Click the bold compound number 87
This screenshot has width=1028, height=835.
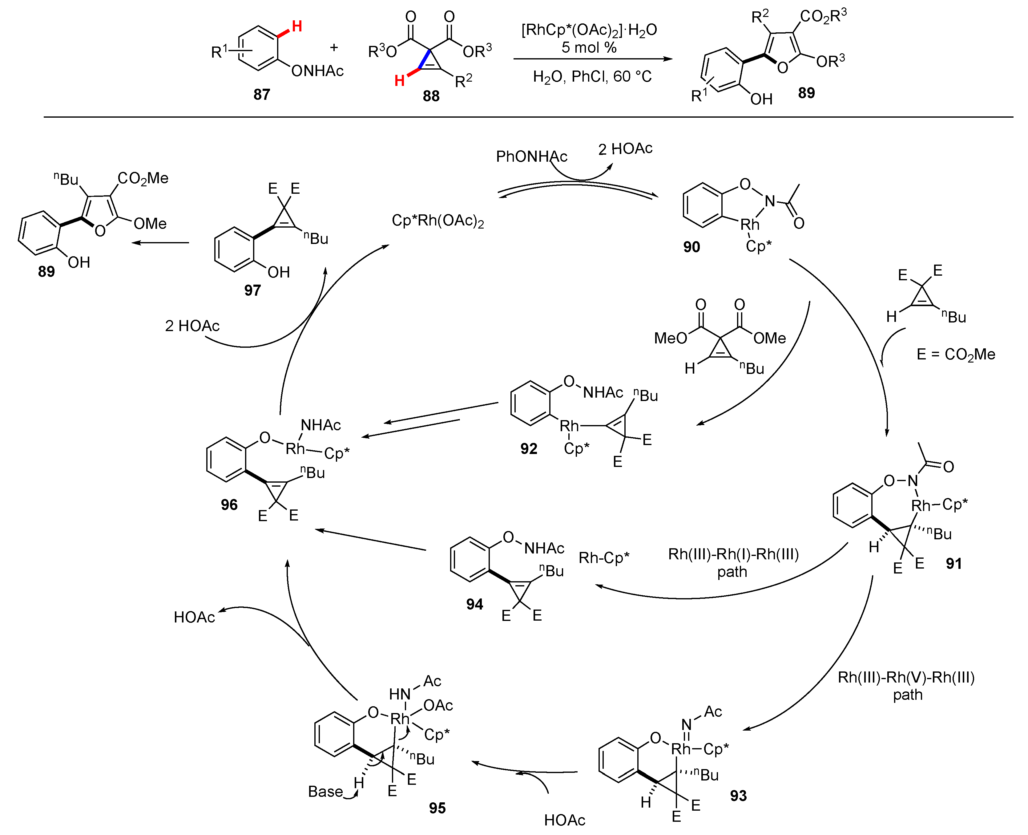click(x=262, y=94)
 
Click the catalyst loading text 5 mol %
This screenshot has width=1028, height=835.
click(x=589, y=48)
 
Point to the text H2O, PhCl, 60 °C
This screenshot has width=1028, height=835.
click(x=592, y=76)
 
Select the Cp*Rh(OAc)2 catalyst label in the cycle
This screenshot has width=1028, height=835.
click(x=437, y=221)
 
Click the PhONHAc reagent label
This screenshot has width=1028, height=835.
click(x=531, y=156)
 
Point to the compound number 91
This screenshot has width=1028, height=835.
click(x=953, y=563)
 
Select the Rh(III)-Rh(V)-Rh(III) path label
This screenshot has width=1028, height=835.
click(x=906, y=685)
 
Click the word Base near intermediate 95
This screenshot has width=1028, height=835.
click(x=325, y=792)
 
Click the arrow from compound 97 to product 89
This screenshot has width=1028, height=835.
click(x=161, y=242)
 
